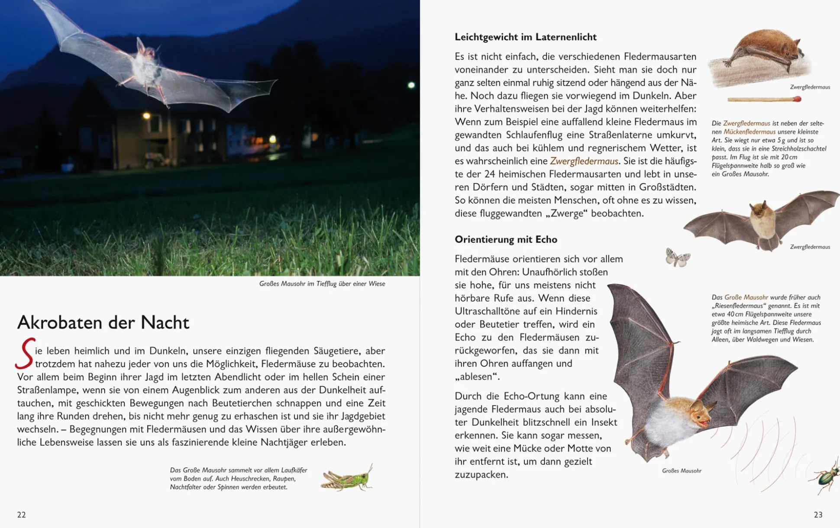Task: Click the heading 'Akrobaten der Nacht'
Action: (103, 323)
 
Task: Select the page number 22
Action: (21, 515)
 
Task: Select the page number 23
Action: (818, 515)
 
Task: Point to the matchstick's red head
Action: (798, 99)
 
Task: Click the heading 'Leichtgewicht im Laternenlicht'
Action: (525, 37)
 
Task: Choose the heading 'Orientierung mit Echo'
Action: (506, 239)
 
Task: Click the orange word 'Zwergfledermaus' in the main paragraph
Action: (584, 161)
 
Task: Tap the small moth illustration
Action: (678, 258)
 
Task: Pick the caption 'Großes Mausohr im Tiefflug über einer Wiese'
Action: (322, 284)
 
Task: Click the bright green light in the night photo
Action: (411, 85)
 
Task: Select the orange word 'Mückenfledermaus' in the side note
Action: (750, 132)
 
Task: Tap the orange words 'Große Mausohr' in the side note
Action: (746, 297)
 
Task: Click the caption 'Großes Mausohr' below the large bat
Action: (682, 470)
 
